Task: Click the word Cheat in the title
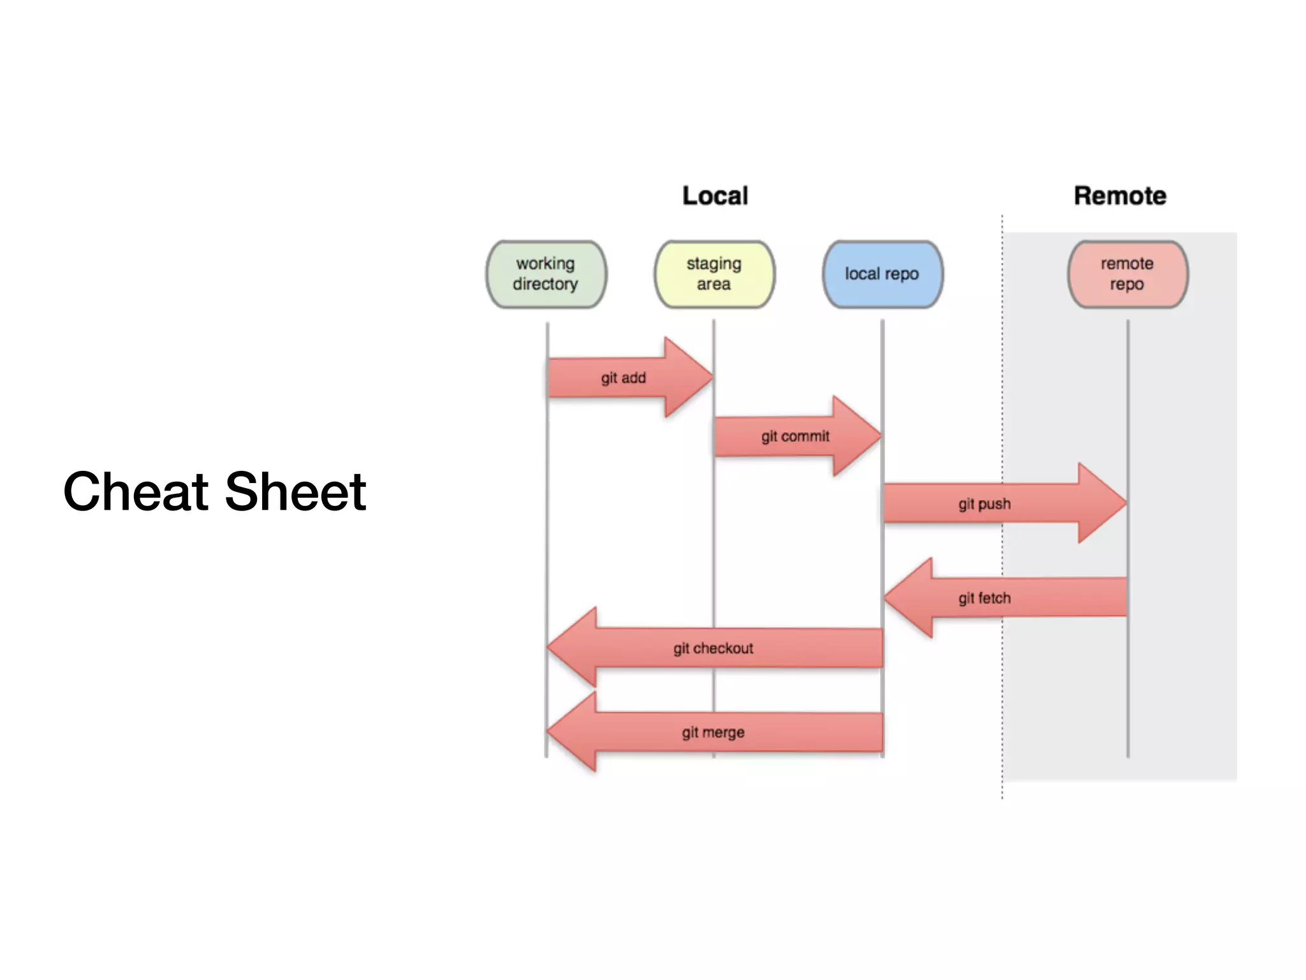click(x=136, y=491)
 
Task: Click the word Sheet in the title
click(x=295, y=491)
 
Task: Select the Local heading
click(x=715, y=196)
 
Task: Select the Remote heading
click(x=1120, y=196)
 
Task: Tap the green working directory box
click(x=546, y=274)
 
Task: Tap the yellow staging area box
click(x=714, y=274)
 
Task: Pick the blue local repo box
click(x=883, y=274)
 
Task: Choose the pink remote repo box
click(x=1127, y=274)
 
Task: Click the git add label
click(x=623, y=378)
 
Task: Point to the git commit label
click(x=795, y=436)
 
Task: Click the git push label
click(x=984, y=504)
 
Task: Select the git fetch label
click(x=984, y=598)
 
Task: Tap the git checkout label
click(x=713, y=649)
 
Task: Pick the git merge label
click(x=713, y=732)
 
